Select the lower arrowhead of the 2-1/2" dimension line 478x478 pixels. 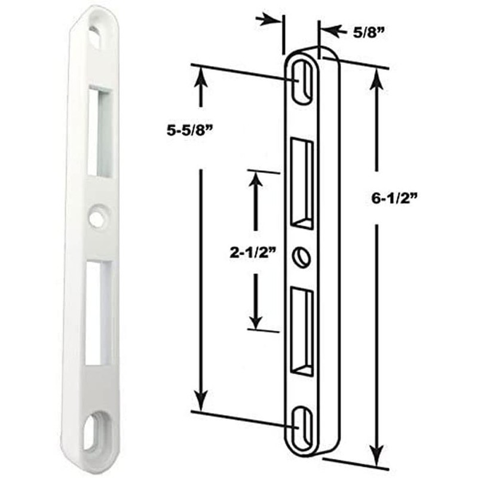(256, 320)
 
